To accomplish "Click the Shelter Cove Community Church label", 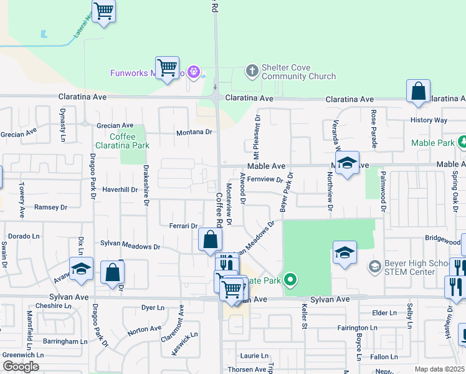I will tap(298, 72).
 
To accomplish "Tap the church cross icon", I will tap(252, 70).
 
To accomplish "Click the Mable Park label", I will tap(432, 143).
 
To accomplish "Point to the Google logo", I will tap(20, 367).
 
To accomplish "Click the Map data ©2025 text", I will tap(440, 369).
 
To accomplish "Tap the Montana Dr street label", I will tap(194, 132).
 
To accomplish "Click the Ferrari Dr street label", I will tap(183, 226).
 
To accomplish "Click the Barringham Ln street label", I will tap(65, 342).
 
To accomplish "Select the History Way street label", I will tap(429, 120).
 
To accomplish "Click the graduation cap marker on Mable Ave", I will tap(346, 163).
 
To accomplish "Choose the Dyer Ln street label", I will tap(153, 307).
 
